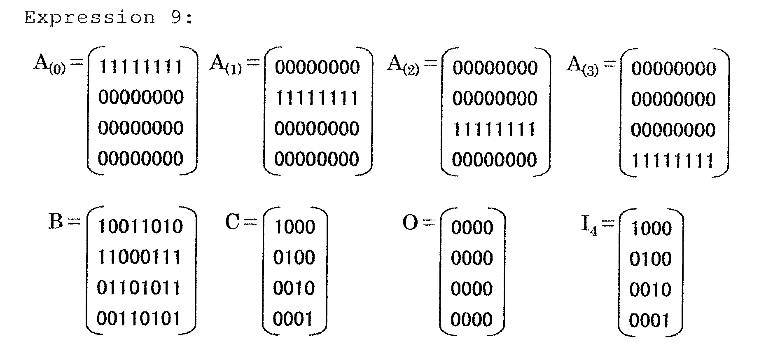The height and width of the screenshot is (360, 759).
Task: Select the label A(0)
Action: (x=49, y=65)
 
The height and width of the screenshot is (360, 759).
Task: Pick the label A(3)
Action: (x=582, y=66)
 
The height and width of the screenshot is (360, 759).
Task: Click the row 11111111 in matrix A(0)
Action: (x=141, y=67)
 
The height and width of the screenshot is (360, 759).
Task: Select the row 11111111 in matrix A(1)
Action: (x=317, y=98)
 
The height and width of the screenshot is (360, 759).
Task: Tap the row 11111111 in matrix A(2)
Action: (x=494, y=129)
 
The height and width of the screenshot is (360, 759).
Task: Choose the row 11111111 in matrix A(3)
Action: (x=673, y=161)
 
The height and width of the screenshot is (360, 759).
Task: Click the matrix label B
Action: (x=56, y=221)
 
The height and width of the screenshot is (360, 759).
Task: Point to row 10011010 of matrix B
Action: (x=140, y=227)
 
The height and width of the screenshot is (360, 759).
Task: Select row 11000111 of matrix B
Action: (x=139, y=257)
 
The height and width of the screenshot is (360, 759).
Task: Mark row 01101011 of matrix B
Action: (x=139, y=288)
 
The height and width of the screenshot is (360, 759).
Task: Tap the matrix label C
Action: (x=233, y=222)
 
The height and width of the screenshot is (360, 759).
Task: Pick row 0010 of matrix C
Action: (x=294, y=288)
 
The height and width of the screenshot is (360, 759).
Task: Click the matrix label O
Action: (x=410, y=223)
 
